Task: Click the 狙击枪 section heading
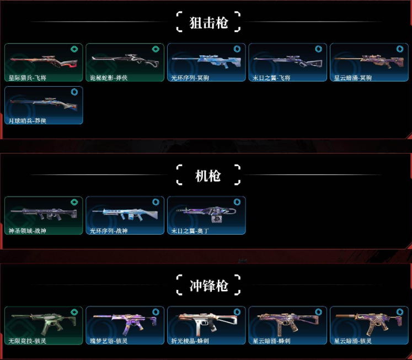pyautogui.click(x=208, y=23)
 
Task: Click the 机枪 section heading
pyautogui.click(x=208, y=176)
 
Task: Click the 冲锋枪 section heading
pyautogui.click(x=208, y=285)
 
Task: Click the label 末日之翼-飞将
pyautogui.click(x=271, y=78)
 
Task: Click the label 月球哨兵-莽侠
pyautogui.click(x=26, y=120)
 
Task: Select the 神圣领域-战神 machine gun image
pyautogui.click(x=44, y=212)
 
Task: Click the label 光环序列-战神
pyautogui.click(x=108, y=231)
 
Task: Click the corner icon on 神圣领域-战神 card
pyautogui.click(x=74, y=202)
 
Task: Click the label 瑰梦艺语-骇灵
pyautogui.click(x=108, y=341)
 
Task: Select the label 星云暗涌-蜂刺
pyautogui.click(x=271, y=341)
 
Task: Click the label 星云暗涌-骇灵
pyautogui.click(x=352, y=341)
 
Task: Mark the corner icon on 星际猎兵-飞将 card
pyautogui.click(x=74, y=49)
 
